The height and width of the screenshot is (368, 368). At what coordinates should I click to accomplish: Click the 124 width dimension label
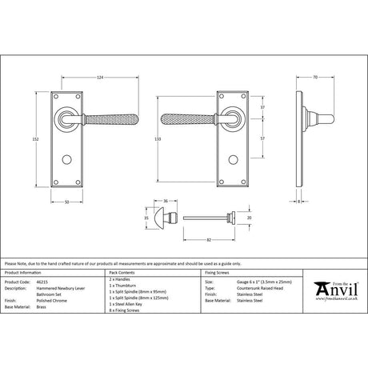tap(100, 77)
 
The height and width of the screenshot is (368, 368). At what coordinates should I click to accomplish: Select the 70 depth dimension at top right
tap(316, 77)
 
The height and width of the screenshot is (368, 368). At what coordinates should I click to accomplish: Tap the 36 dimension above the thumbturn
tap(164, 201)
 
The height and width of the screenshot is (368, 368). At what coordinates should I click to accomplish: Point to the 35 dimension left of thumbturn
tap(146, 217)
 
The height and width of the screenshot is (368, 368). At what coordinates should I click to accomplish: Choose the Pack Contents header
tap(121, 274)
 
